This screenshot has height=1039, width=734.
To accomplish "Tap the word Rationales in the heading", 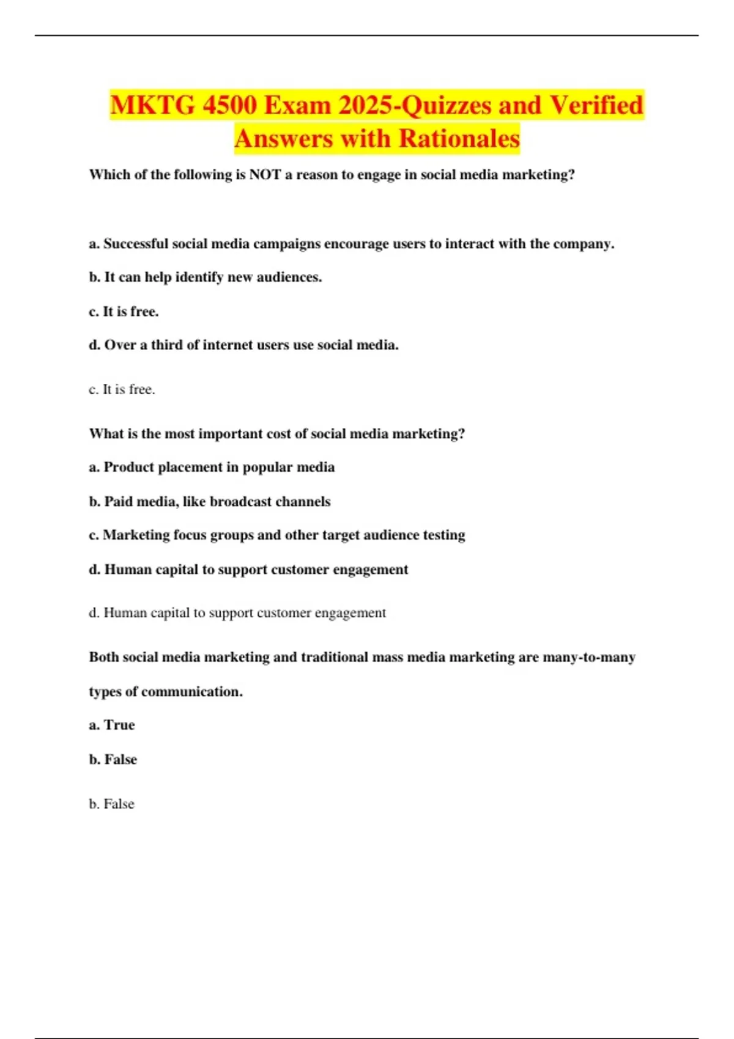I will point(459,139).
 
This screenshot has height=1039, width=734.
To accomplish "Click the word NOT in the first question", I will point(265,175).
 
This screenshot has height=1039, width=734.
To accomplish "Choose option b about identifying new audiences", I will point(206,277).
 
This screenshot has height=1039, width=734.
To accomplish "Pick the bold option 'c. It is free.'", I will point(124,312).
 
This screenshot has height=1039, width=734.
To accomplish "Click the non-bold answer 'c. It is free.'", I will point(122,389).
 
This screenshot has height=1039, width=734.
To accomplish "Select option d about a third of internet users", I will point(243,345).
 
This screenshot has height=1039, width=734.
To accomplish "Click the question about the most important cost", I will point(276,434).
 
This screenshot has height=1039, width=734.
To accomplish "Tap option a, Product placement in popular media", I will point(212,468).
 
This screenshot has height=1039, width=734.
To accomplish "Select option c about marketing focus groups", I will point(276,535).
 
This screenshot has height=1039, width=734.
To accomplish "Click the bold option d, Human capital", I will point(248,570).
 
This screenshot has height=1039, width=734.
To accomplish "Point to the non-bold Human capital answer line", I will point(237,613).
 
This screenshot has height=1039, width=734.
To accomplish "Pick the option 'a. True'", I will point(112,725).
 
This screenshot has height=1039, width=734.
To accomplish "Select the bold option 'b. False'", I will point(113,760).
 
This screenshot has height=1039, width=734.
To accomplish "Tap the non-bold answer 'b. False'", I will point(111,804).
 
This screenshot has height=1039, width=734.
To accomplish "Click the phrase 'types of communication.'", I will point(166,692).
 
